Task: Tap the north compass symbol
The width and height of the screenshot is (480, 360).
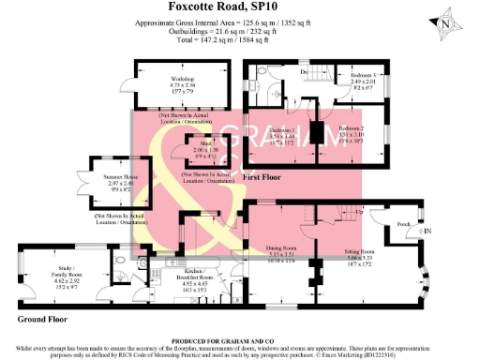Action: point(447,22)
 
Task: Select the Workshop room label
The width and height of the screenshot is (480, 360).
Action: point(181,80)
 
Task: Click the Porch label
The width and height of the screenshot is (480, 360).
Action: point(404,225)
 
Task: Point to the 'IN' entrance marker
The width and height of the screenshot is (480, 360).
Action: point(427,231)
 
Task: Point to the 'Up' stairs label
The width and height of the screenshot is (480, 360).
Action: point(360,212)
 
